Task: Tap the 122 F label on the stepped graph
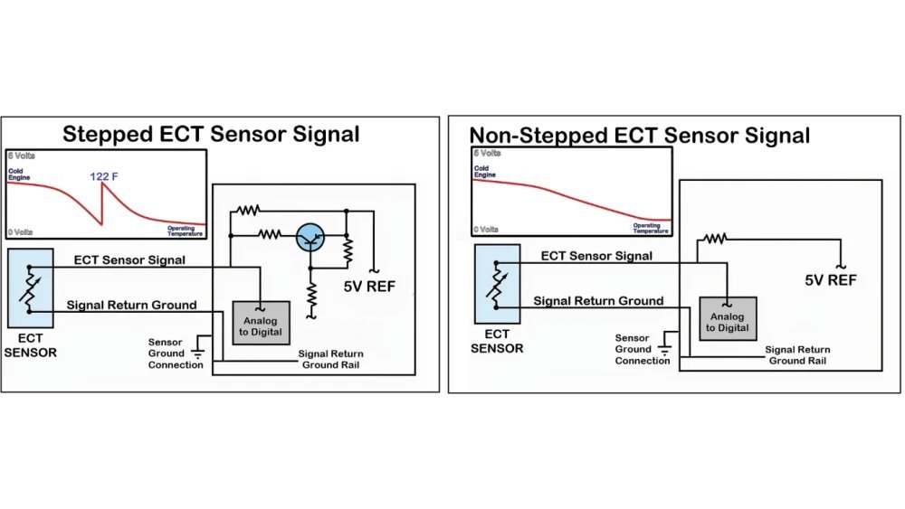click(x=105, y=176)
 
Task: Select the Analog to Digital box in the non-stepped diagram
click(x=728, y=317)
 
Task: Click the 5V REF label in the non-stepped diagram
click(x=831, y=280)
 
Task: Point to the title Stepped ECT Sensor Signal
click(x=211, y=135)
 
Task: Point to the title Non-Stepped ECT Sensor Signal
click(x=639, y=136)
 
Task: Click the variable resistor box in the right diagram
click(x=497, y=283)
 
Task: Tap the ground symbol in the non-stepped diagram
click(x=665, y=345)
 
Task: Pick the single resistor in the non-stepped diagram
click(x=716, y=239)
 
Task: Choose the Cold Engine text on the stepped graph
click(x=20, y=172)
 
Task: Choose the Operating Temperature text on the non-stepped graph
click(x=645, y=227)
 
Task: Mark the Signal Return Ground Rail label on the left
click(x=331, y=359)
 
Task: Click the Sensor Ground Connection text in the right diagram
click(x=643, y=349)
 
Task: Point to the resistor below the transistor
click(x=311, y=294)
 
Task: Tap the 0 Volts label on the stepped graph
click(x=21, y=233)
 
